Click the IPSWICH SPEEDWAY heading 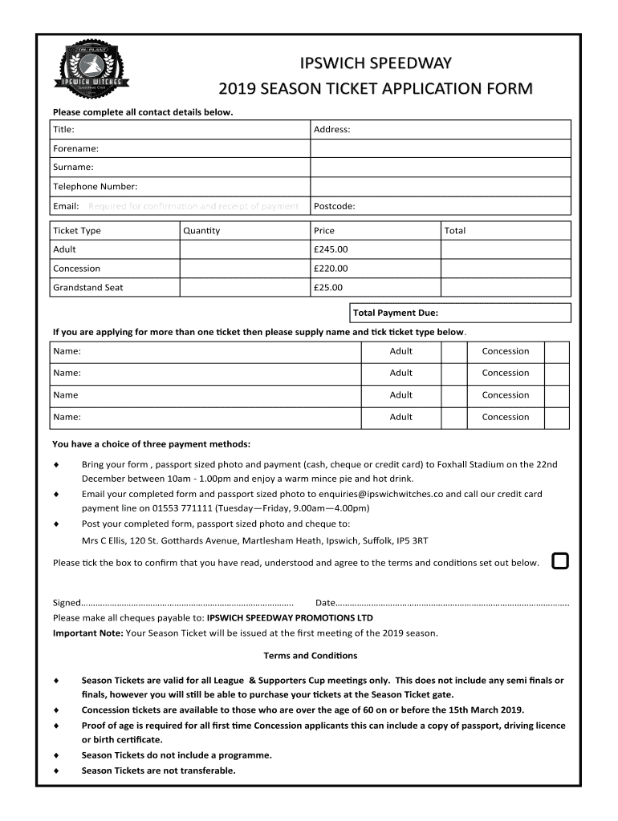point(376,63)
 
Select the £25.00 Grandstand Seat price point(328,287)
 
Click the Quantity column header point(201,231)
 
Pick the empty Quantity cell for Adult point(244,249)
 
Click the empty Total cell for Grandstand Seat point(506,287)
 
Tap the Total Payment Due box point(460,313)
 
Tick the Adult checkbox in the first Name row point(455,351)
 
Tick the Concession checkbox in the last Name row point(556,417)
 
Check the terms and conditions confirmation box point(560,561)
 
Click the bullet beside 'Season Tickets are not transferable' point(55,770)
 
